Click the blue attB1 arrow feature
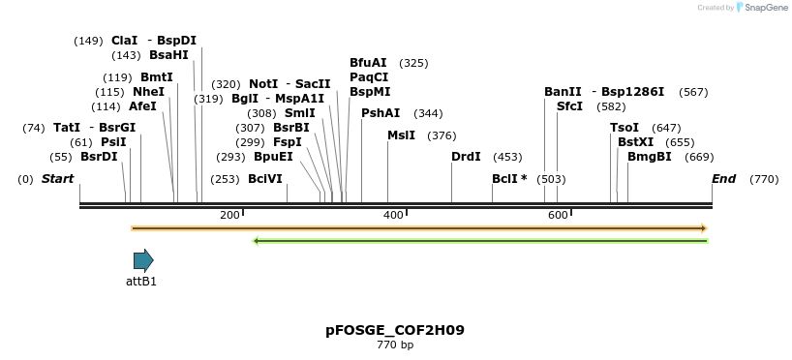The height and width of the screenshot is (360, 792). [143, 259]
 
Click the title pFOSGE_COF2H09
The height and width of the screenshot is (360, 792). [395, 330]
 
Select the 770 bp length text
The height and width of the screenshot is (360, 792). [395, 345]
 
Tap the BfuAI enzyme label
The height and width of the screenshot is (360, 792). [368, 63]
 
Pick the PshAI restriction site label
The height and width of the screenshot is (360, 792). [381, 113]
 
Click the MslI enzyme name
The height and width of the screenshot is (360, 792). [401, 135]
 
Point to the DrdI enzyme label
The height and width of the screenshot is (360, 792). [466, 157]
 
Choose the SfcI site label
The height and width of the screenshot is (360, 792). [569, 106]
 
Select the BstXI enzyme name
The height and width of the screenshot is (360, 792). [635, 142]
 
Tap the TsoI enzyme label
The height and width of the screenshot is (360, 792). [624, 128]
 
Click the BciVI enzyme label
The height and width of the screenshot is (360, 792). [265, 179]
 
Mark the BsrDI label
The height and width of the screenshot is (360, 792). [99, 157]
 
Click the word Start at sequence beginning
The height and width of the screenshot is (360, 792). [57, 179]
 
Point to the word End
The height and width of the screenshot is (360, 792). [724, 179]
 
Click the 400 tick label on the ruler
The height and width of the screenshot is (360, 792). [393, 214]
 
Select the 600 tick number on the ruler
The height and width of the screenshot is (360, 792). [558, 214]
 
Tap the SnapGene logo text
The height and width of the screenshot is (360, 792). [765, 8]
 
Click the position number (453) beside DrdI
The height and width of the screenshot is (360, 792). [507, 157]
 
